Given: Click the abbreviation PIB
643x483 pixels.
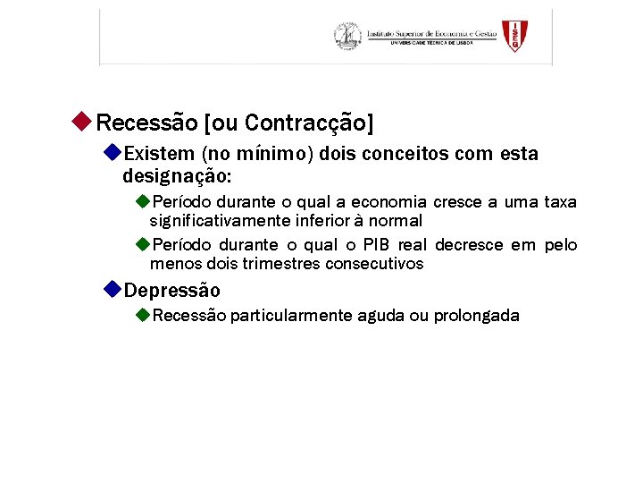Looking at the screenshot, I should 376,245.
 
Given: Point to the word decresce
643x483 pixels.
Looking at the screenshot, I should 469,245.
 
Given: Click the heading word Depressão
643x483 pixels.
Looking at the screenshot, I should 171,291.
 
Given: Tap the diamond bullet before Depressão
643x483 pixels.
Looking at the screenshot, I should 111,289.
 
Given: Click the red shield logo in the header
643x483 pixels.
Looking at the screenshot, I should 514,36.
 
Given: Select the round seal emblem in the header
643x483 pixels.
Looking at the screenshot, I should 347,36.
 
